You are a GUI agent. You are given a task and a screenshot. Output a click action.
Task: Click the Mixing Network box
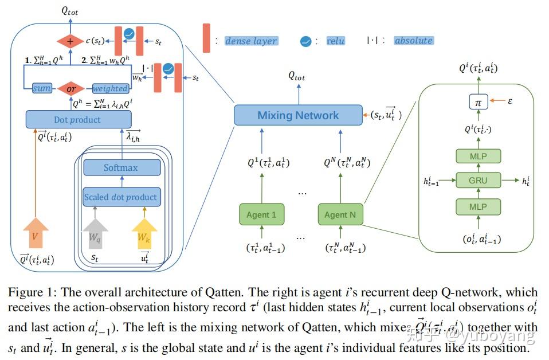pyautogui.click(x=297, y=115)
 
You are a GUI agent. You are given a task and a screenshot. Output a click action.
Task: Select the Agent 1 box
pyautogui.click(x=261, y=215)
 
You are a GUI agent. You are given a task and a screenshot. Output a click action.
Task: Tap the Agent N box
pyautogui.click(x=340, y=215)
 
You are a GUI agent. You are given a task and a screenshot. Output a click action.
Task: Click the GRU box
pyautogui.click(x=478, y=180)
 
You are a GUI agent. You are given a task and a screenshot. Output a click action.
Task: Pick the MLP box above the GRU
pyautogui.click(x=478, y=156)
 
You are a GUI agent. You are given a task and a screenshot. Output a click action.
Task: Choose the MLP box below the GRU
pyautogui.click(x=478, y=206)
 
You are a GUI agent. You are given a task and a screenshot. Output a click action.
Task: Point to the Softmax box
pyautogui.click(x=121, y=168)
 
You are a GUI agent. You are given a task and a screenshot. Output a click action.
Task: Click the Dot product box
pyautogui.click(x=78, y=120)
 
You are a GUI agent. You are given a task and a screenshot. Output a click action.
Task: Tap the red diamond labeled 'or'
pyautogui.click(x=71, y=88)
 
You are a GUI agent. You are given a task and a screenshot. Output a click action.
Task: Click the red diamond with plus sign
pyautogui.click(x=70, y=41)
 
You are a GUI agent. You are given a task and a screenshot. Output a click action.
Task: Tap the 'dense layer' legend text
pyautogui.click(x=251, y=41)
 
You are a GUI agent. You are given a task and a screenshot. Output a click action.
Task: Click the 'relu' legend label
pyautogui.click(x=335, y=41)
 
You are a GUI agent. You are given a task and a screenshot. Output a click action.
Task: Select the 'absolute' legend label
pyautogui.click(x=413, y=40)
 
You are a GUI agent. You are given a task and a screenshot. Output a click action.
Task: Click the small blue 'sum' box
pyautogui.click(x=42, y=88)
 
